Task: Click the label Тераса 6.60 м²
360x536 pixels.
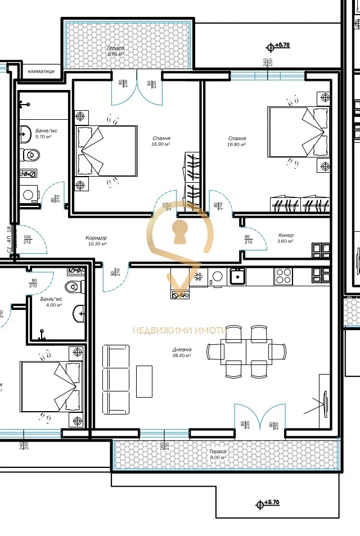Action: coord(115,51)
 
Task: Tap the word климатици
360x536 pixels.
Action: coord(41,71)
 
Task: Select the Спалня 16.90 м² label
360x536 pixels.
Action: coord(161,141)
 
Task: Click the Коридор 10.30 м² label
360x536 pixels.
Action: coord(97,241)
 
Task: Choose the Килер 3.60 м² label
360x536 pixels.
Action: coord(286,238)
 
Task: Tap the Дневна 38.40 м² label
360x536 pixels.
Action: coord(182,353)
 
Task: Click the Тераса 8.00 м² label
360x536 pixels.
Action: coord(218,454)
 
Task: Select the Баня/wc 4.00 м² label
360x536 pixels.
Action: coord(55,302)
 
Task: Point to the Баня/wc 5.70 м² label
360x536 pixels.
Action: coord(43,133)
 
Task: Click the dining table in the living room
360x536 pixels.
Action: coord(246,351)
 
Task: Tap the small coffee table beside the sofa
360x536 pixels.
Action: coord(144,382)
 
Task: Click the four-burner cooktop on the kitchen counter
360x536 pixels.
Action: coord(283,276)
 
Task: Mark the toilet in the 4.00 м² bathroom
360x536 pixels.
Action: coord(73,287)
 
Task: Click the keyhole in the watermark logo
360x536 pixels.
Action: coord(180,231)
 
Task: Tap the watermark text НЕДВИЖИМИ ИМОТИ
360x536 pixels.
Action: coord(179,331)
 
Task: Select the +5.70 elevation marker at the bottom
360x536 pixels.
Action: coord(268,504)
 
